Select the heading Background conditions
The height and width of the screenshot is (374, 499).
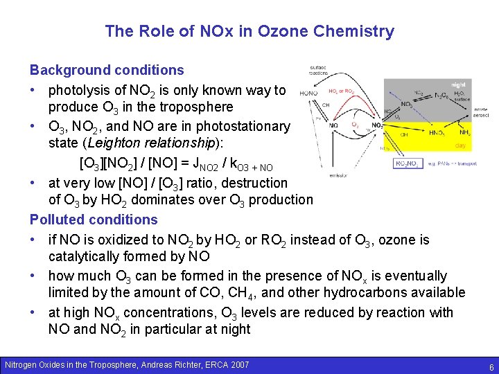[x=107, y=70]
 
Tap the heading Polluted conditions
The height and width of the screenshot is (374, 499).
[x=94, y=220]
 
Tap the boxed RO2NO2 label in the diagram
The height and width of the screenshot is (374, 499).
[x=408, y=163]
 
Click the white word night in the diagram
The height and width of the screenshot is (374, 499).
[x=459, y=84]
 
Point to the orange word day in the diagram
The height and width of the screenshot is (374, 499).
[x=459, y=145]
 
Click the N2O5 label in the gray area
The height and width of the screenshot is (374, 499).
[x=441, y=96]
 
